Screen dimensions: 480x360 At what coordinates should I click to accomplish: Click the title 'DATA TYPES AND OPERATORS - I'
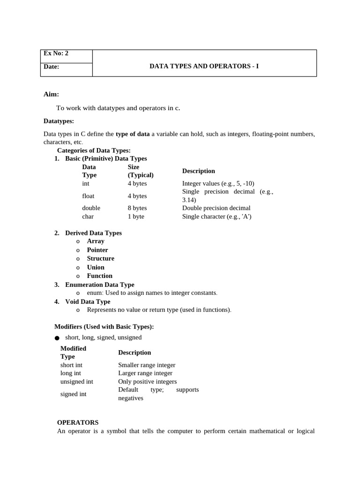(x=204, y=67)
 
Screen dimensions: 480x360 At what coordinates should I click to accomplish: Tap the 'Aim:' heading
(x=51, y=94)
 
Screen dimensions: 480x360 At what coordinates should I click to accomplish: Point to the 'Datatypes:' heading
(x=59, y=121)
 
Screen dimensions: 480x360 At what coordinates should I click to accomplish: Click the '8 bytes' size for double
(x=137, y=208)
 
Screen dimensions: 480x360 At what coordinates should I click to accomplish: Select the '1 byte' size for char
(x=136, y=217)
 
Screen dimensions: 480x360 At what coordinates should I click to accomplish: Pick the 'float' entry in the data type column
(x=88, y=196)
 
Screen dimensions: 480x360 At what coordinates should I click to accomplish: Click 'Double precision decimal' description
(x=216, y=208)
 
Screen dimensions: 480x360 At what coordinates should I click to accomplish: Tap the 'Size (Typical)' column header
(x=140, y=171)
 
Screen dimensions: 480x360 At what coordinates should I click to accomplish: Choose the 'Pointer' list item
(x=97, y=250)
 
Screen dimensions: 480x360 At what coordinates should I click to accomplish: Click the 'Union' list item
(x=96, y=267)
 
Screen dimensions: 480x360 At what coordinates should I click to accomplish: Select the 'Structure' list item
(x=100, y=258)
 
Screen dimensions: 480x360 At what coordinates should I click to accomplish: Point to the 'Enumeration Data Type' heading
(x=99, y=285)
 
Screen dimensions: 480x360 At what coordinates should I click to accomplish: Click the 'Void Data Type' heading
(x=88, y=301)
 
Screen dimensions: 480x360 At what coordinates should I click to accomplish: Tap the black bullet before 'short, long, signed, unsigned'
(x=57, y=338)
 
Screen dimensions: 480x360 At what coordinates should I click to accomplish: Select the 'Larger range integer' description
(x=145, y=373)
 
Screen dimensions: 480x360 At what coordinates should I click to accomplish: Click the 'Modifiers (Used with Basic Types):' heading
(x=104, y=326)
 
